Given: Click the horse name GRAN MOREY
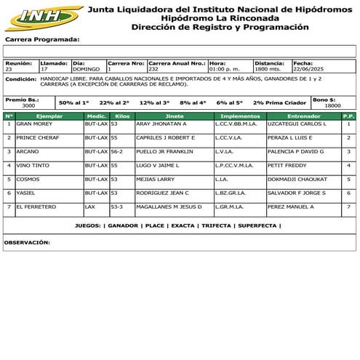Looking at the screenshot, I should pyautogui.click(x=33, y=124).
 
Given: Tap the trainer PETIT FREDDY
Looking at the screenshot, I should pyautogui.click(x=286, y=166).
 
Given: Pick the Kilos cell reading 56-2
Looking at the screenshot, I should pyautogui.click(x=116, y=152).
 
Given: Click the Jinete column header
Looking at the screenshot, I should pyautogui.click(x=175, y=116).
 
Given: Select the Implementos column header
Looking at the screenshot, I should pyautogui.click(x=240, y=116).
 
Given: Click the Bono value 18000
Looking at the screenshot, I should pyautogui.click(x=332, y=105).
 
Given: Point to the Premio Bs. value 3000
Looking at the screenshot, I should pyautogui.click(x=28, y=105).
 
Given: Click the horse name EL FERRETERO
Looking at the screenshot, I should pyautogui.click(x=37, y=207).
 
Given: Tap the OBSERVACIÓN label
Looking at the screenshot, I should pyautogui.click(x=27, y=241).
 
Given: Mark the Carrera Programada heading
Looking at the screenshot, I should pyautogui.click(x=42, y=39).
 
